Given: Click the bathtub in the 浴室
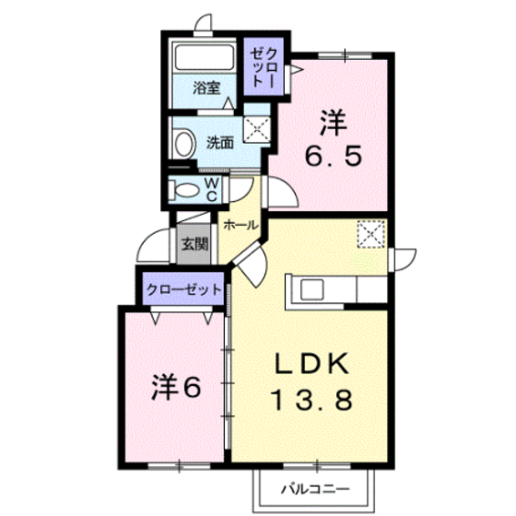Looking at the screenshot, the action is [x=204, y=57].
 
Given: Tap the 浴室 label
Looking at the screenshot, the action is [x=206, y=88].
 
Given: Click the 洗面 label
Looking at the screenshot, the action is [x=220, y=143].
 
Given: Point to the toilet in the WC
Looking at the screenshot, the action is [x=184, y=190].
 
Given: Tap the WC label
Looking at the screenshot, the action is [x=211, y=190].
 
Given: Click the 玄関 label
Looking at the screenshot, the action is [x=194, y=244].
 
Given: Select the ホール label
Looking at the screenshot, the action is [x=240, y=226].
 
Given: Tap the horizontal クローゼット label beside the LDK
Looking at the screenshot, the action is [x=183, y=289].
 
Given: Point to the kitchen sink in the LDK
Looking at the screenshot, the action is [x=311, y=289].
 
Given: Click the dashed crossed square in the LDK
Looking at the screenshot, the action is [x=371, y=234].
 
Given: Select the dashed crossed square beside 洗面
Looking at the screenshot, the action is [x=257, y=129].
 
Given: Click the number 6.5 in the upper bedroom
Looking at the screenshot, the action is [x=334, y=156].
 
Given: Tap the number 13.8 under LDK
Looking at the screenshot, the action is [x=311, y=399].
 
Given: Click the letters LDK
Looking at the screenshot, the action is [x=311, y=363].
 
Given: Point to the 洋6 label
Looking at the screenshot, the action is [x=176, y=388].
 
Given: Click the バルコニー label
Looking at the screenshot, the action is [x=315, y=490].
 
